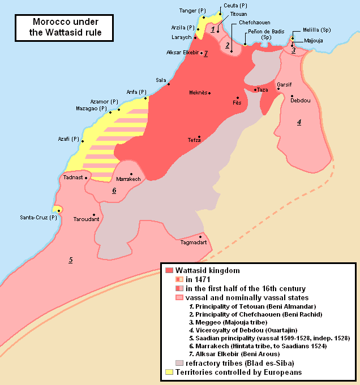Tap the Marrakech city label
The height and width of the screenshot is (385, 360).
pos(127,179)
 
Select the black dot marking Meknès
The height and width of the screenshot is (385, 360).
pos(209,93)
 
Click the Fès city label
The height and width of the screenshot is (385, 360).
pos(237,103)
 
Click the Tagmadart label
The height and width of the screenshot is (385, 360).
pos(193,243)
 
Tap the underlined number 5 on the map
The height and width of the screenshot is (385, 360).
pos(71,260)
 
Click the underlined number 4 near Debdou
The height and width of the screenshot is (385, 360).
pos(299,122)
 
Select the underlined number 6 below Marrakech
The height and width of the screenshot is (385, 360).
pos(114,191)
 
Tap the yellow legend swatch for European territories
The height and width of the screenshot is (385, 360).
pos(168,372)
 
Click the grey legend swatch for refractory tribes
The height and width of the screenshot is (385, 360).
pos(179,363)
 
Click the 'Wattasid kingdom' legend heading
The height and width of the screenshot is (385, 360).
pos(204,271)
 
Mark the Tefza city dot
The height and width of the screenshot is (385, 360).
pos(199,136)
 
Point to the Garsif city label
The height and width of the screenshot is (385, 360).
pos(284,84)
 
